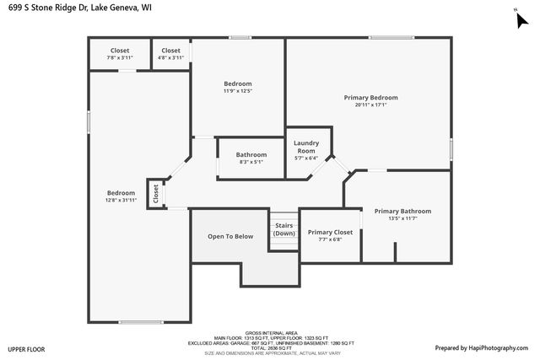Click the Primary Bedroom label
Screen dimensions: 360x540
[370, 98]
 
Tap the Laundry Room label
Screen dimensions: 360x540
[305, 147]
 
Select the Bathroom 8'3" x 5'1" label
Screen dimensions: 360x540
[251, 154]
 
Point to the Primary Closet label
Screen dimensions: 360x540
[330, 232]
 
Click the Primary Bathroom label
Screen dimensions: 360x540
[402, 211]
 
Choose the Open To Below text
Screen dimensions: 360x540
[230, 236]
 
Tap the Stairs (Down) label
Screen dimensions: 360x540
[284, 228]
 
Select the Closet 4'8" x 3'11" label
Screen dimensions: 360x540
[170, 51]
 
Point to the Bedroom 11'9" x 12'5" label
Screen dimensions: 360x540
[237, 83]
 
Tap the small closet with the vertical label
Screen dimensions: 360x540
[155, 194]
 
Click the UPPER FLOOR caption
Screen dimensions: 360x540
[26, 348]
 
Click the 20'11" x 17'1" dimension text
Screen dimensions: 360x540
[370, 105]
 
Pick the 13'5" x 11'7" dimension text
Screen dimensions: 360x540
[402, 218]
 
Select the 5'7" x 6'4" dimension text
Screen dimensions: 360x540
[305, 158]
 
